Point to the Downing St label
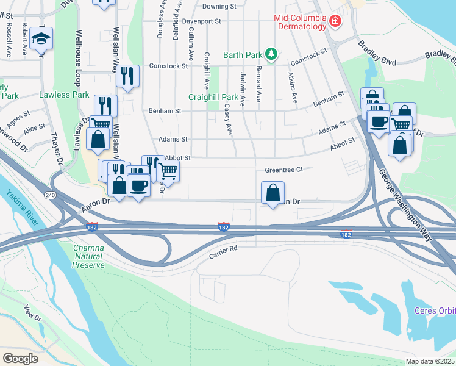(x=219, y=6)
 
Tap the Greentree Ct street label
(x=283, y=170)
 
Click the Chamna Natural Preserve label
(x=89, y=256)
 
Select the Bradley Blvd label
(x=377, y=54)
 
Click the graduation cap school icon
(x=41, y=39)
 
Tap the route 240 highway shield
(x=49, y=194)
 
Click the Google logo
(x=20, y=358)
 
